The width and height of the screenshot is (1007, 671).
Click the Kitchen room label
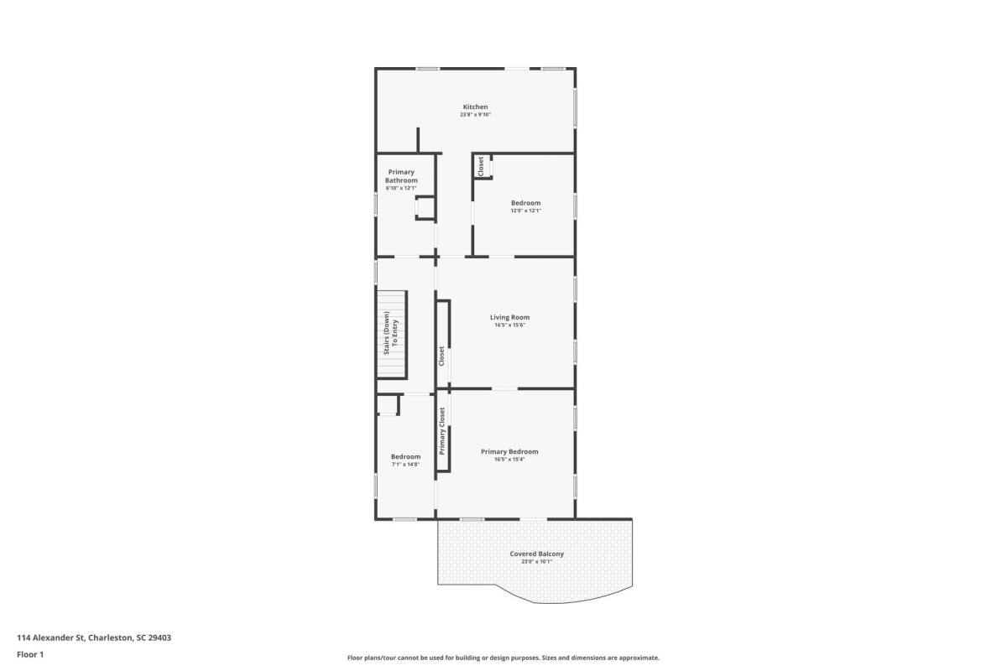pos(475,107)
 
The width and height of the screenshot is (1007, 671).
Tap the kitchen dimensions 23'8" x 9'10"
pos(475,115)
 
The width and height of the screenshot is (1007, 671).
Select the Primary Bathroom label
pos(401,176)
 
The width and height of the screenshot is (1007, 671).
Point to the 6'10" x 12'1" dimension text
pos(401,188)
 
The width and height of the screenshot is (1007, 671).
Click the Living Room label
pos(510,317)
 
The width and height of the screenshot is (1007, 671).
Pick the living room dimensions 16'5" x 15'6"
pos(510,325)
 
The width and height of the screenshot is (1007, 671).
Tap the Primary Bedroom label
pos(509,452)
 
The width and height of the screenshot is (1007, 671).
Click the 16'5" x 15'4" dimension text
pos(509,460)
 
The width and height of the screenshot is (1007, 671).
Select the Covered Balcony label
pos(537,554)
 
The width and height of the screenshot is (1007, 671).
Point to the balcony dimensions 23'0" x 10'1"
pos(537,562)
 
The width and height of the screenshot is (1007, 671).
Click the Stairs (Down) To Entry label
pos(391,333)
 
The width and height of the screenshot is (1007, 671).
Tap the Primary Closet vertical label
pos(442,431)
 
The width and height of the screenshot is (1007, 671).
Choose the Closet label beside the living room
pos(441,356)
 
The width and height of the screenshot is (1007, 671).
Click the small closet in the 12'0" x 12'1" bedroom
pos(483,166)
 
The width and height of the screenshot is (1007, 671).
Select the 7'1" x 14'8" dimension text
pos(405,465)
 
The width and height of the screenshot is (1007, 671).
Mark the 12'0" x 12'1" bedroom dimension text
pos(525,211)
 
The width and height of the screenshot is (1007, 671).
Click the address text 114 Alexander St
pos(51,637)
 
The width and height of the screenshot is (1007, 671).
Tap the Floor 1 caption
pos(30,655)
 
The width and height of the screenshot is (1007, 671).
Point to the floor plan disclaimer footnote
pos(503,658)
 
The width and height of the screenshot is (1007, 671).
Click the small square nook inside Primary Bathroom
pos(425,208)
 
